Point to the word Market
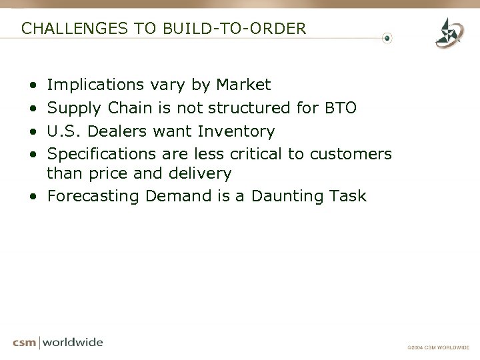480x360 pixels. pyautogui.click(x=243, y=85)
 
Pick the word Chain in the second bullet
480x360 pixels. pyautogui.click(x=139, y=108)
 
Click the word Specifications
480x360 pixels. pyautogui.click(x=102, y=153)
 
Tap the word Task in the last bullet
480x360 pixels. pyautogui.click(x=347, y=197)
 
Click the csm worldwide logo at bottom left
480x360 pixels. pyautogui.click(x=58, y=343)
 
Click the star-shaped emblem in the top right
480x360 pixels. pyautogui.click(x=448, y=33)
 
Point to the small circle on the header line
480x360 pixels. pyautogui.click(x=387, y=38)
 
